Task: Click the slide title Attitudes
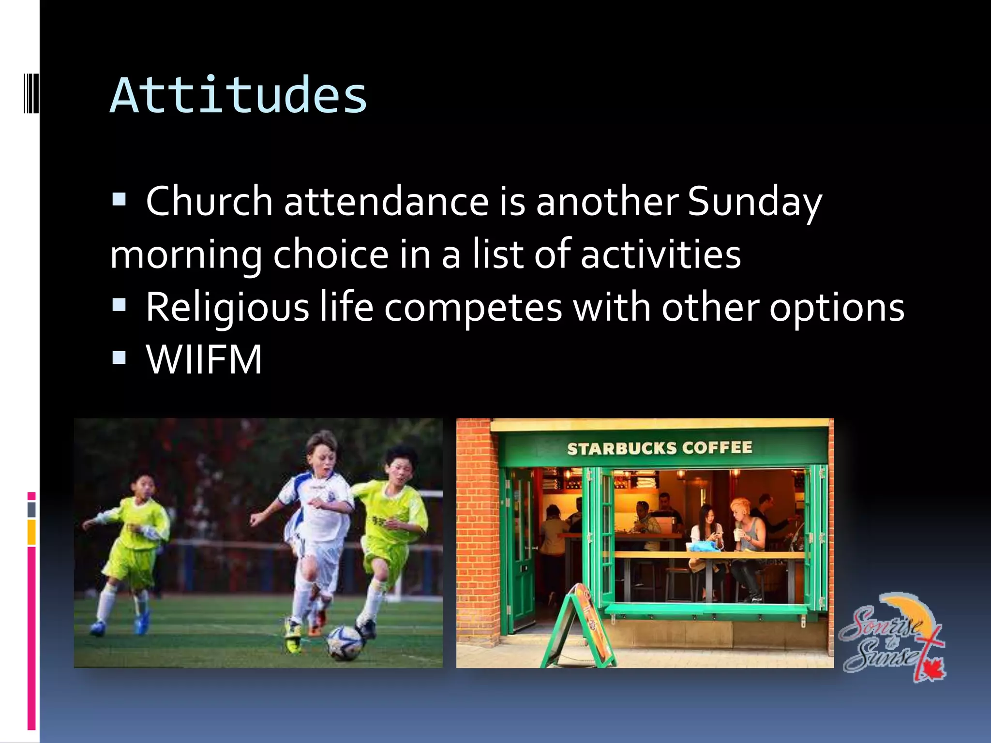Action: pyautogui.click(x=239, y=96)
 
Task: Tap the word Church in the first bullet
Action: pyautogui.click(x=209, y=201)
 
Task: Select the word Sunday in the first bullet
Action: pyautogui.click(x=755, y=201)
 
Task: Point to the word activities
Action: pyautogui.click(x=661, y=254)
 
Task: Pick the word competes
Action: pyautogui.click(x=473, y=308)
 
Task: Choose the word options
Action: pyautogui.click(x=837, y=308)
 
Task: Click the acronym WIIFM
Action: pyautogui.click(x=204, y=360)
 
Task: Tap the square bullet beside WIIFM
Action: pyautogui.click(x=119, y=358)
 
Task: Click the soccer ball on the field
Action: pyautogui.click(x=344, y=642)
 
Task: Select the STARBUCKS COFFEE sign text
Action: pyautogui.click(x=660, y=448)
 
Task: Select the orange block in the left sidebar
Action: pyautogui.click(x=31, y=532)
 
